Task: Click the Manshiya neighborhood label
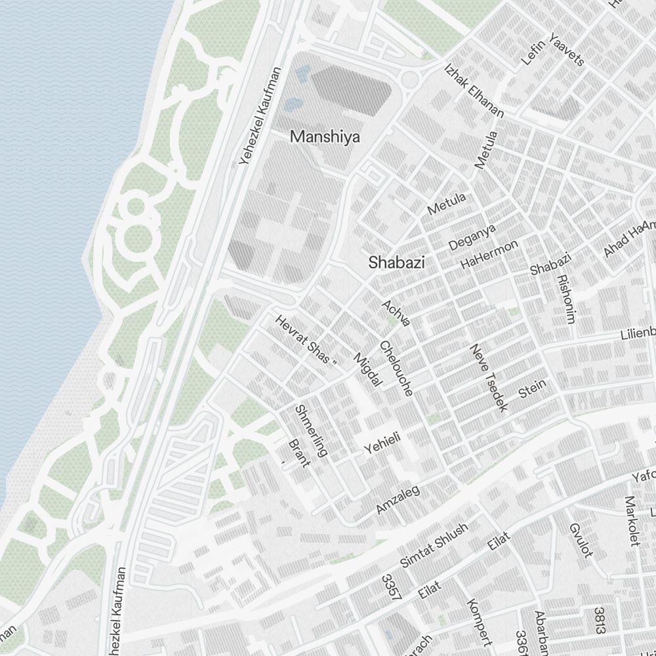pyautogui.click(x=325, y=137)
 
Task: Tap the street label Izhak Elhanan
pyautogui.click(x=474, y=91)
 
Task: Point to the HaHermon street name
pyautogui.click(x=489, y=253)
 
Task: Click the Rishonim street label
pyautogui.click(x=565, y=298)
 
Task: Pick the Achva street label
pyautogui.click(x=397, y=312)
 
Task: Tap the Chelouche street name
pyautogui.click(x=396, y=368)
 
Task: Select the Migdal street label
pyautogui.click(x=367, y=369)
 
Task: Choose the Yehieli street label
pyautogui.click(x=382, y=442)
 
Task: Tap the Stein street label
pyautogui.click(x=532, y=388)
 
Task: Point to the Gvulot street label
pyautogui.click(x=581, y=540)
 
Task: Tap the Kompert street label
pyautogui.click(x=480, y=621)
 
